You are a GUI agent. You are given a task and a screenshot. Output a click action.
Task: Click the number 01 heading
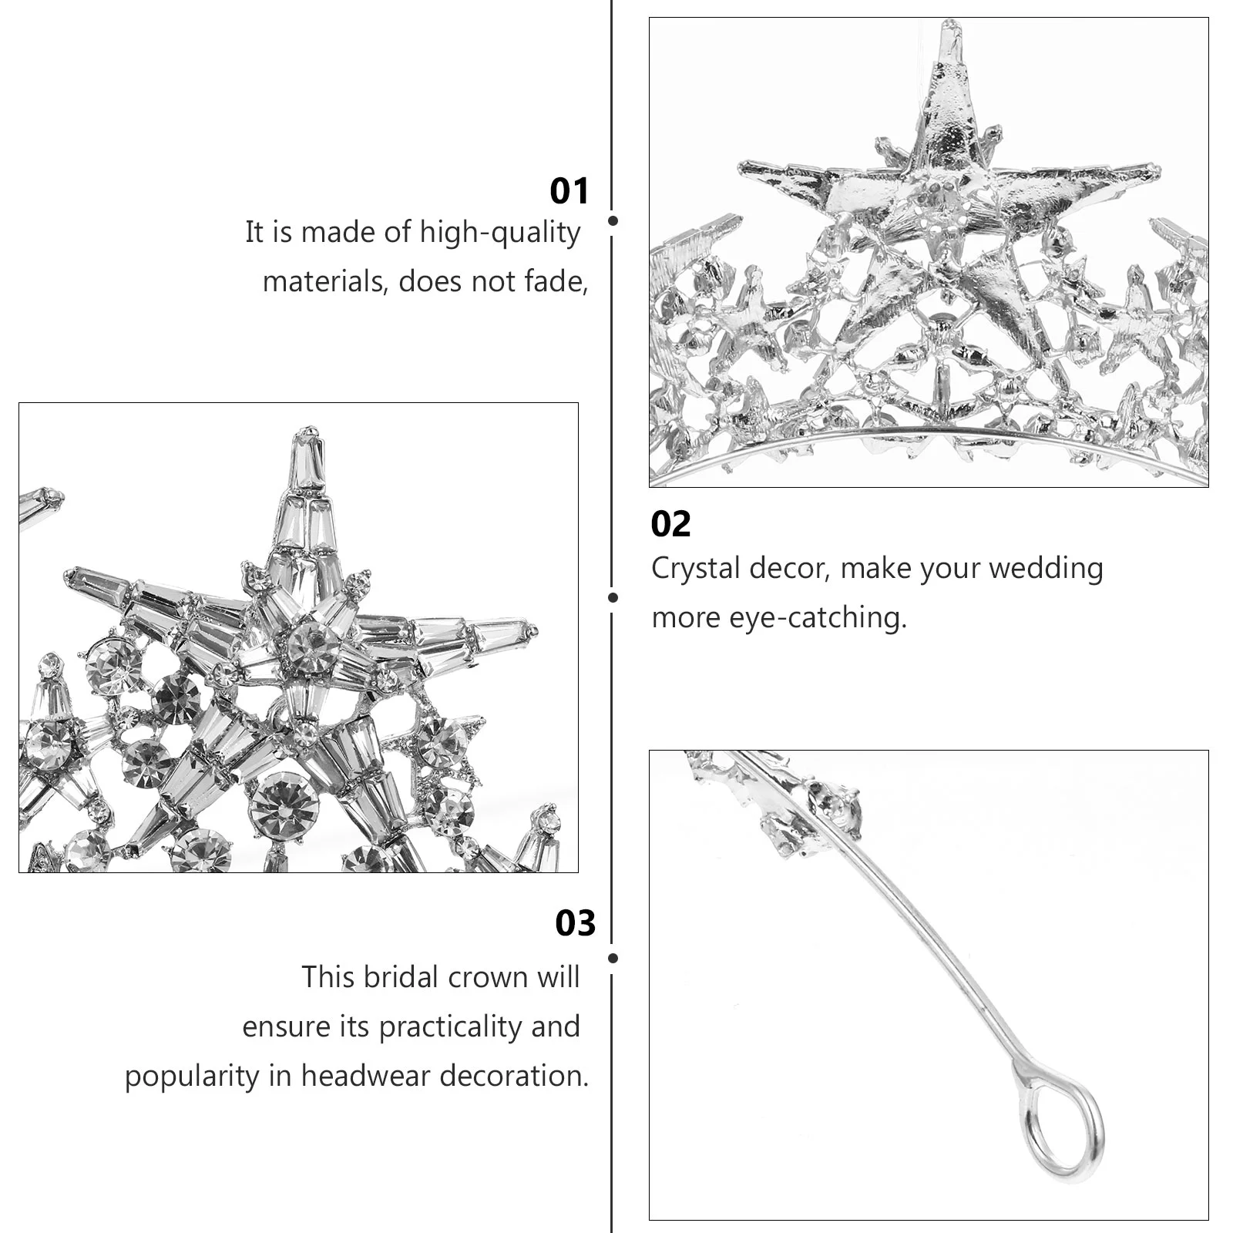tap(569, 191)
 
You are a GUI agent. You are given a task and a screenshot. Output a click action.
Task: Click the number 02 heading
tap(670, 525)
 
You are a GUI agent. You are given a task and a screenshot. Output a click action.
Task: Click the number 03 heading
tap(575, 923)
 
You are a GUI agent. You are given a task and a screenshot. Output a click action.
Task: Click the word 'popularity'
tap(192, 1077)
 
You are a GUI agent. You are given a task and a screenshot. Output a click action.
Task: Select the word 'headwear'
tap(366, 1076)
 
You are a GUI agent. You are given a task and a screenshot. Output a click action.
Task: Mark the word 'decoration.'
tap(514, 1076)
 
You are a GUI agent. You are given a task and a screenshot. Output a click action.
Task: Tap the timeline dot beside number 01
tap(613, 220)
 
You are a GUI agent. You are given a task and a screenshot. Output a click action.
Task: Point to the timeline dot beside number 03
tap(613, 959)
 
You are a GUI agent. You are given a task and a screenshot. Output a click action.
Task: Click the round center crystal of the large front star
tap(313, 646)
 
